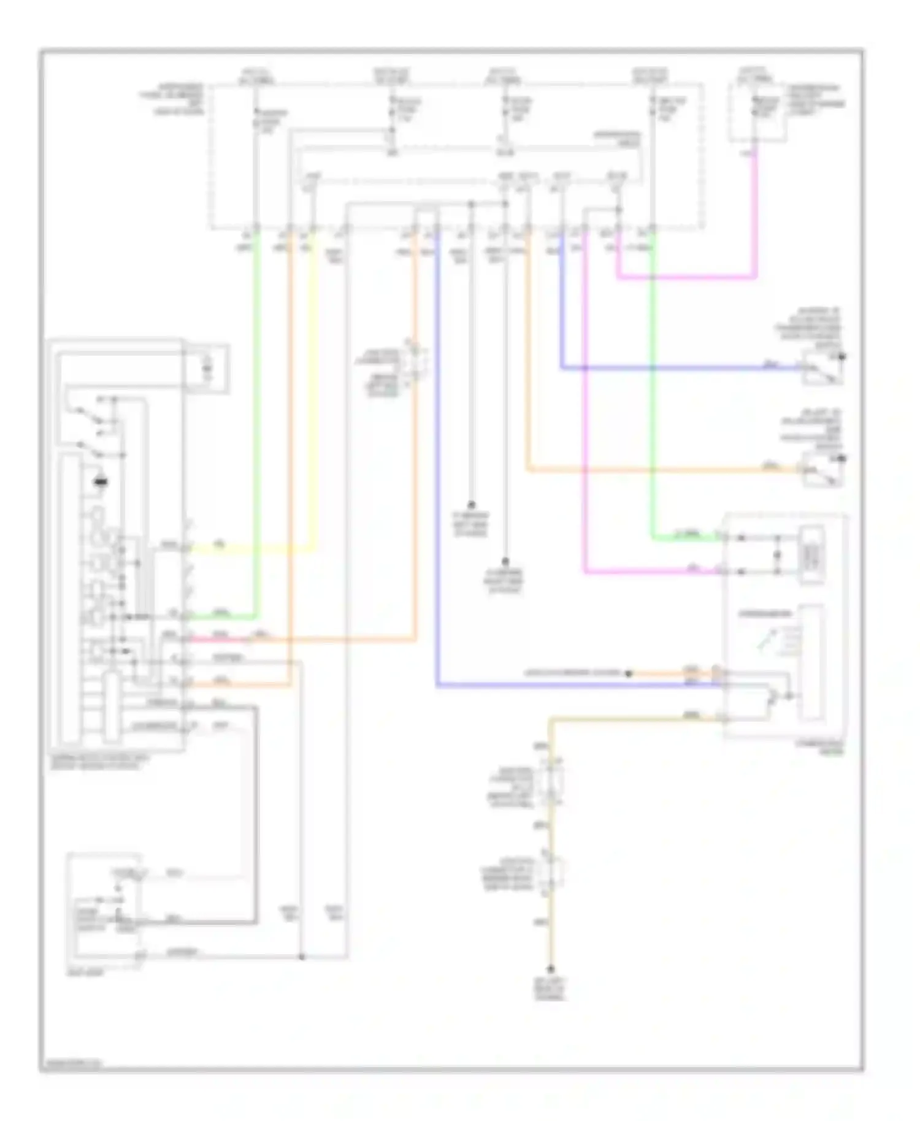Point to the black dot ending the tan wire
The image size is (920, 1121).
click(551, 970)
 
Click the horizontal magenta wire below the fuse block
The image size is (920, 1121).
click(687, 277)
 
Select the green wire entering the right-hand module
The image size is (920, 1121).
click(687, 538)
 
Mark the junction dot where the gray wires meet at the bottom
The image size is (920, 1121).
click(301, 957)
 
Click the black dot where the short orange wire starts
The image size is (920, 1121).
click(629, 673)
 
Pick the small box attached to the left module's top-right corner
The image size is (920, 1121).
click(207, 369)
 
